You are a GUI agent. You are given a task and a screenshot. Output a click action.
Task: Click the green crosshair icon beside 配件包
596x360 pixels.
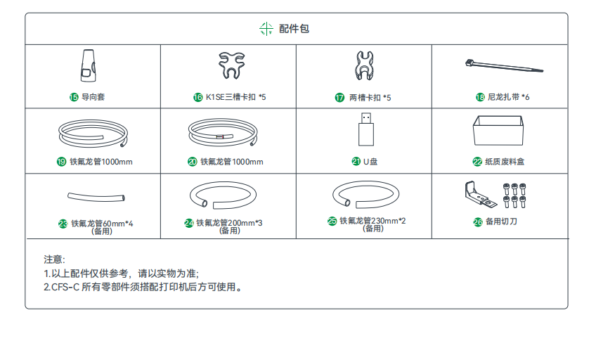coord(266,29)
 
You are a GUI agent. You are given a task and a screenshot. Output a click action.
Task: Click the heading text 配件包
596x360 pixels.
coord(294,29)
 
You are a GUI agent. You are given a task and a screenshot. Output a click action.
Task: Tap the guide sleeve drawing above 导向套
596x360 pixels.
coord(88,65)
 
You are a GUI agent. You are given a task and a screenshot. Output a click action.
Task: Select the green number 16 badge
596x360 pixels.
coord(198,97)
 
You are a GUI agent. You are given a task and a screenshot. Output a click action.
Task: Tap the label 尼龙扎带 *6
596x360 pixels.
coord(508,97)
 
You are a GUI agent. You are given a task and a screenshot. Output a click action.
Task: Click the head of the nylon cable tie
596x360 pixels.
coord(469,63)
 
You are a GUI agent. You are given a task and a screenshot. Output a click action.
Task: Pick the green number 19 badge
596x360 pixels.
coord(62,162)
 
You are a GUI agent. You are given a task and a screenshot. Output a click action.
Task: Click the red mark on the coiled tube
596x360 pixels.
coord(220,136)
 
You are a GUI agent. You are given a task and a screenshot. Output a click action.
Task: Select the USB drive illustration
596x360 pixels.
coord(366,129)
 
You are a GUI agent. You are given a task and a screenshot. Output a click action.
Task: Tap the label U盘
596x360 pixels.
coord(370,162)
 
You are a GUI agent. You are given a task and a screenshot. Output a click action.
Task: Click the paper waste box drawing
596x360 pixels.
coord(498,131)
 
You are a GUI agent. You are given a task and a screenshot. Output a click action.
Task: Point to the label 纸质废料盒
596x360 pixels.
coord(505,162)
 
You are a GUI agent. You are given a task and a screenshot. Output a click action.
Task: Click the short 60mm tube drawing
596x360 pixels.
coord(96,197)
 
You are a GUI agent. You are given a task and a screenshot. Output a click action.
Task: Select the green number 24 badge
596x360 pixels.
coord(189,223)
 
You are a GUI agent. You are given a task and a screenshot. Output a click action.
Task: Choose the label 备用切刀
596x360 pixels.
coord(501,221)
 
